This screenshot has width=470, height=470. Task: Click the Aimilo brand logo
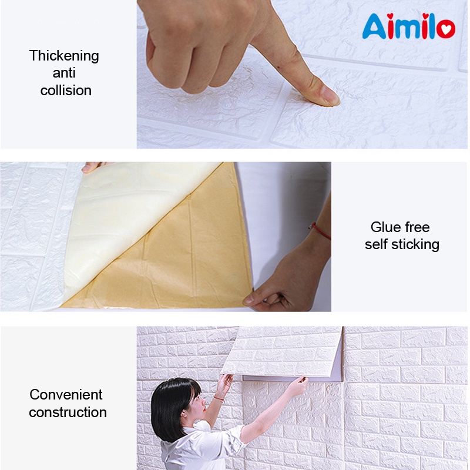(x=408, y=26)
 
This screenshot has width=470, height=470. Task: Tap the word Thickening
(x=64, y=56)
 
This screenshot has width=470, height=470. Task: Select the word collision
(x=66, y=90)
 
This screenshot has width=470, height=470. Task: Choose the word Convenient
(x=66, y=394)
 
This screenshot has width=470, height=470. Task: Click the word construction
(x=68, y=412)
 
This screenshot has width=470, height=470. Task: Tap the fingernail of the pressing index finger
(x=328, y=97)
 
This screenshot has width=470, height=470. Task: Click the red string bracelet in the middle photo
(x=321, y=231)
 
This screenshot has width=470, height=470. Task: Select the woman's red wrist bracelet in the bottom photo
(x=219, y=398)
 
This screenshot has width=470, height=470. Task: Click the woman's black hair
(x=170, y=405)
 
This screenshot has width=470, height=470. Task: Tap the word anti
(x=64, y=73)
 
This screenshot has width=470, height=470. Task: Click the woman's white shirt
(x=200, y=449)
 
